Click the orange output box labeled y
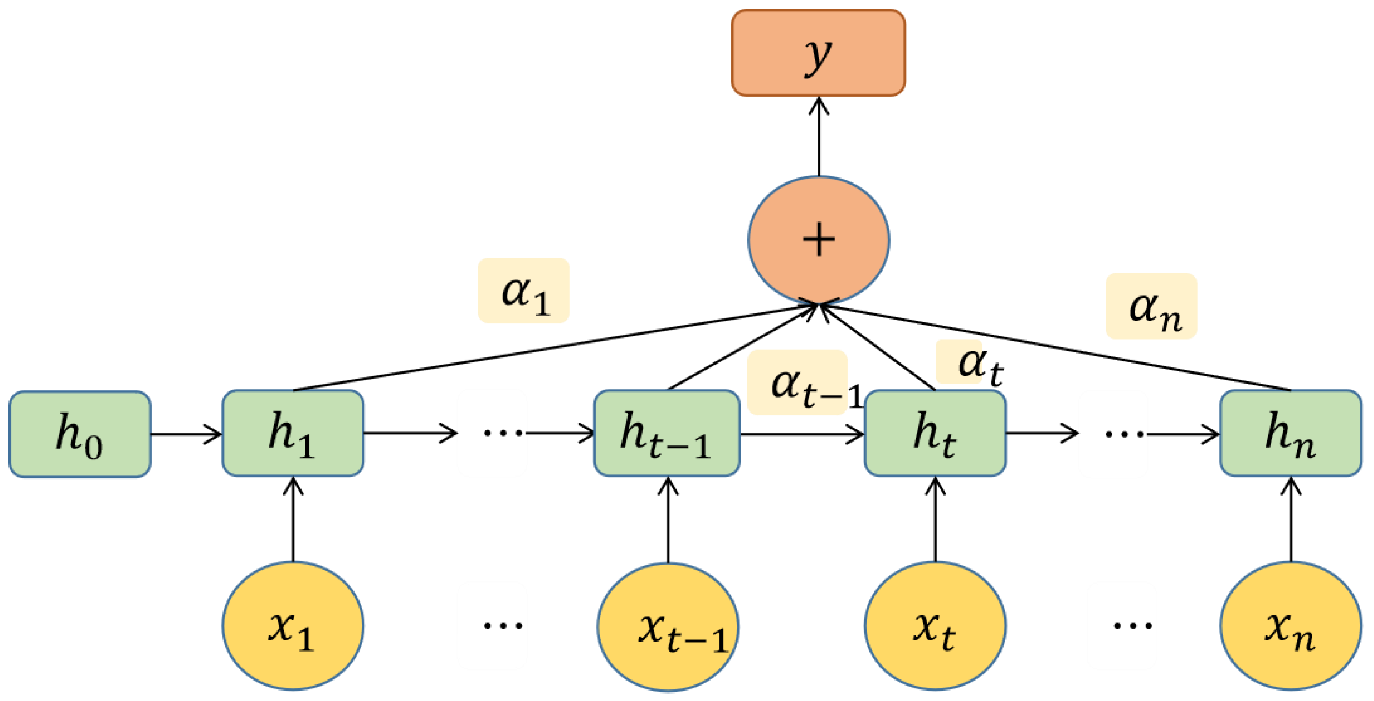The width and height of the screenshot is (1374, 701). (818, 53)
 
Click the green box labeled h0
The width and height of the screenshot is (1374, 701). (80, 434)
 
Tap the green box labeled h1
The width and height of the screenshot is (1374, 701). (293, 433)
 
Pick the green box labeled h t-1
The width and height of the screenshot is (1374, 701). (667, 433)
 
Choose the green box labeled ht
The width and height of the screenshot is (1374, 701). (935, 433)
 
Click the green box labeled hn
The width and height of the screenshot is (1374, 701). (1290, 433)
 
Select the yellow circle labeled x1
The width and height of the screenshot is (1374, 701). (293, 626)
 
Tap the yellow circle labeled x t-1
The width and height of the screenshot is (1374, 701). (668, 627)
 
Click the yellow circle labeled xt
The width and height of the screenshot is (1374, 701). (935, 626)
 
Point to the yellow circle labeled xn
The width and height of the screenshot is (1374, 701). (1290, 626)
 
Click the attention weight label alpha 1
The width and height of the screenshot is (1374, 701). (523, 291)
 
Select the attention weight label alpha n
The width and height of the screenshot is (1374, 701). (1152, 306)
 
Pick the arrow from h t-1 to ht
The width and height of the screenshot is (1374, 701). (801, 434)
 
